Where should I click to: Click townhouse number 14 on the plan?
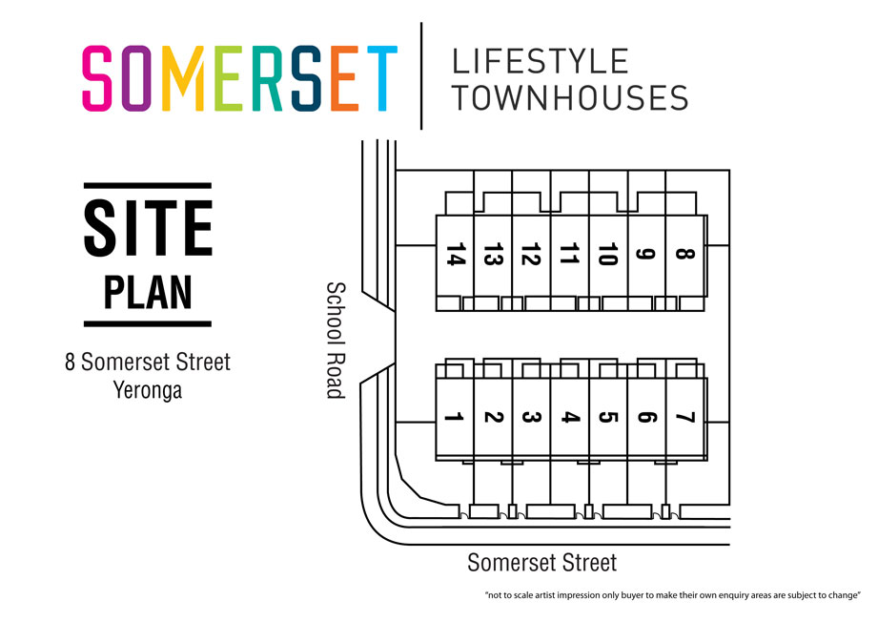click(x=455, y=256)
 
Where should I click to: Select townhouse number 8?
click(x=684, y=256)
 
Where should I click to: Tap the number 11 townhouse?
click(x=569, y=256)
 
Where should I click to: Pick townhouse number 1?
click(x=455, y=417)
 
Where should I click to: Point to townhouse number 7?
click(x=684, y=417)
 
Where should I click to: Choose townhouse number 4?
click(x=569, y=417)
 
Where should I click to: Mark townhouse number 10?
click(x=607, y=256)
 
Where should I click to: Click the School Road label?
click(x=336, y=340)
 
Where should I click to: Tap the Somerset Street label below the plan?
click(x=541, y=563)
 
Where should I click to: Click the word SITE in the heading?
click(x=148, y=228)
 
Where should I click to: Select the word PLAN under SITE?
click(x=148, y=293)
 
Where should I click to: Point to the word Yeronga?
click(x=148, y=389)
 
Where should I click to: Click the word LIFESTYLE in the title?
click(x=540, y=62)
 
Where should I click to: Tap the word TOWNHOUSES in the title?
click(x=569, y=97)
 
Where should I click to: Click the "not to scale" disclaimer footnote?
click(x=672, y=596)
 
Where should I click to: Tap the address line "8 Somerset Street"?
click(x=148, y=363)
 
